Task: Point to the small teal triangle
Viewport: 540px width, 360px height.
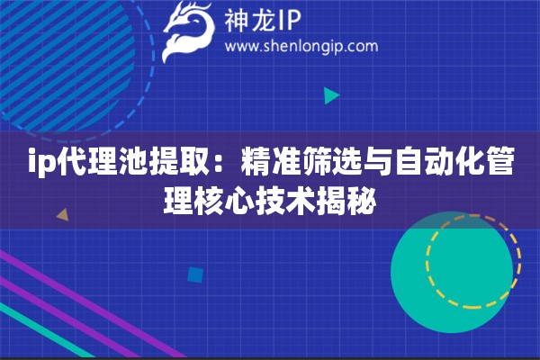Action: [x=331, y=94]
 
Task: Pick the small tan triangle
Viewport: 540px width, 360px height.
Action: [x=63, y=215]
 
